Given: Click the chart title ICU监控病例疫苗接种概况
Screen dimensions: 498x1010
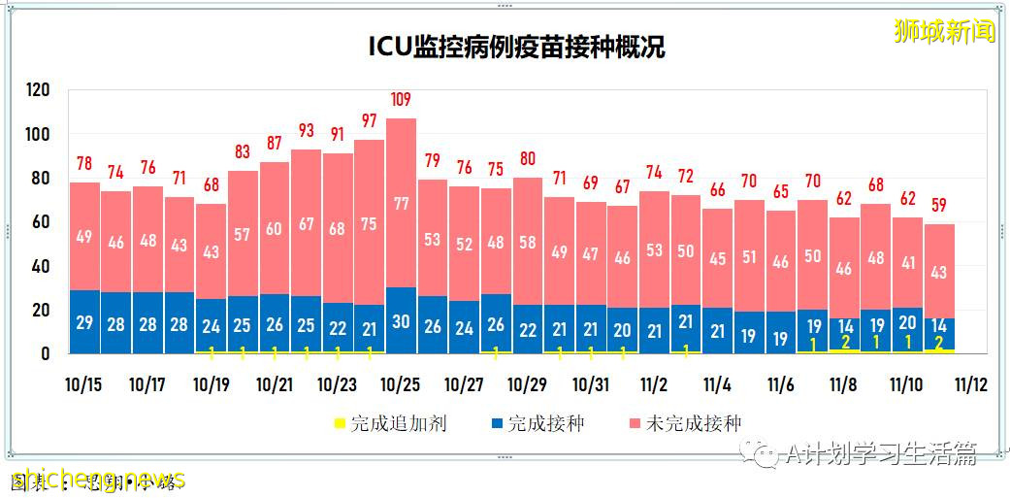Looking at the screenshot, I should coord(516,48).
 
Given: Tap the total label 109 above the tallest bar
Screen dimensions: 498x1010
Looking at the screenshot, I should coord(401,100).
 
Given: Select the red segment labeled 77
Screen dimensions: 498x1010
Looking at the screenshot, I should coord(401,204).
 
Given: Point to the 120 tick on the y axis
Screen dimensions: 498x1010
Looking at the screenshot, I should coord(39,90).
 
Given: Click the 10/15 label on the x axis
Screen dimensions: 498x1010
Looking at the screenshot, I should coord(84,383).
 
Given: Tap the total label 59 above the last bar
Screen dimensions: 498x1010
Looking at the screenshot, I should coord(938,206).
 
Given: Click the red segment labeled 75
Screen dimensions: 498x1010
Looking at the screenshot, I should coord(369,223).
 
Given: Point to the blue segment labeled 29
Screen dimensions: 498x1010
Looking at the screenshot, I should coord(84,322).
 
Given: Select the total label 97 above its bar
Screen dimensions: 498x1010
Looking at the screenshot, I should coord(369,121).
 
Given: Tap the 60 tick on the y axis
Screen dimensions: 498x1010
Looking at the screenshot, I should coord(39,222).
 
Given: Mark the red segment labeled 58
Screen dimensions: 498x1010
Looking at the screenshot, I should coord(527,243).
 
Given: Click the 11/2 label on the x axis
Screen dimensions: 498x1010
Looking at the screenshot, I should coord(653,383).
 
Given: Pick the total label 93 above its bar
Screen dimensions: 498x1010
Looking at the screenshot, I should coord(306,130).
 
